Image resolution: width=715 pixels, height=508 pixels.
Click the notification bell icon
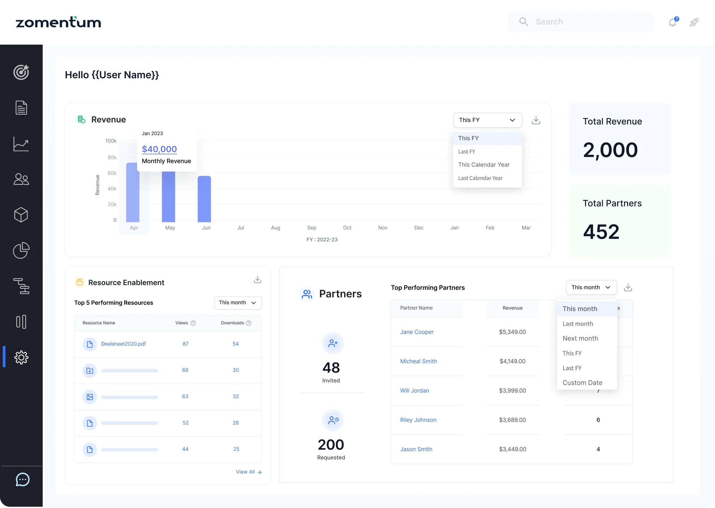(x=672, y=22)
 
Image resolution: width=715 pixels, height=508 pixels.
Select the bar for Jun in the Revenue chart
(x=204, y=199)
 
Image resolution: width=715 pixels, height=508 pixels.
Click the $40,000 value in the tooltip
(x=159, y=149)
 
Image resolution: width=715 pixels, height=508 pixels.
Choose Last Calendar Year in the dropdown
(x=480, y=178)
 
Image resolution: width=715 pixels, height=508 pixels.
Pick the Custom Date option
(x=582, y=383)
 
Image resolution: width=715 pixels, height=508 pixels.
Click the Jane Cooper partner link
(x=417, y=332)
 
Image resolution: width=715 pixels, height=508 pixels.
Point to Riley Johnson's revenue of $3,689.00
(x=512, y=420)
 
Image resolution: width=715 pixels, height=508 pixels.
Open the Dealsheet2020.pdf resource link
(x=123, y=344)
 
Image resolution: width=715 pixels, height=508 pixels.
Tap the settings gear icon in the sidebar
(x=21, y=357)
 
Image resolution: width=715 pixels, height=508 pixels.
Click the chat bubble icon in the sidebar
(x=23, y=480)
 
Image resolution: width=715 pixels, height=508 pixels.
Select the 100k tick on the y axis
(x=111, y=141)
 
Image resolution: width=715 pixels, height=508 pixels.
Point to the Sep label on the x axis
(x=312, y=228)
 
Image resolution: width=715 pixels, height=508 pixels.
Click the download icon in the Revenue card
(x=536, y=120)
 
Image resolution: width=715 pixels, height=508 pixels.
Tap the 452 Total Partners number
(x=601, y=232)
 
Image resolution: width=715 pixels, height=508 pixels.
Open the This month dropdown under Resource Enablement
(x=238, y=303)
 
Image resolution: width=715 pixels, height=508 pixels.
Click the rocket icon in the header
(x=694, y=22)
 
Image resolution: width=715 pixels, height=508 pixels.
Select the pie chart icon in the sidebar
(x=21, y=250)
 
